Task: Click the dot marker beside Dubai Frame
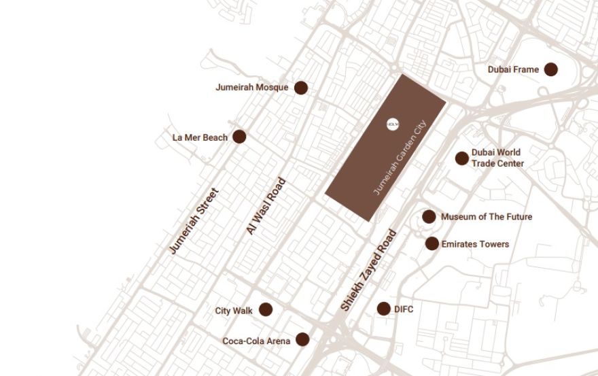click(551, 69)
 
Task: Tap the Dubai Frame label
click(513, 69)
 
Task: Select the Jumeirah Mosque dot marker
click(300, 88)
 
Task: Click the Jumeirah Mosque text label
click(252, 88)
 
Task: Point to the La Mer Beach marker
click(239, 137)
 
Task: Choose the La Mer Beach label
click(200, 137)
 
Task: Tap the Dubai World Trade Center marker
click(462, 158)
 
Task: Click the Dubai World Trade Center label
click(497, 158)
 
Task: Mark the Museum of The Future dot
click(429, 217)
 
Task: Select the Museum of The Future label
click(487, 217)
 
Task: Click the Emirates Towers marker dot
click(432, 243)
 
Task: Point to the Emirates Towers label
click(475, 244)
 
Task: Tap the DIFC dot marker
click(383, 309)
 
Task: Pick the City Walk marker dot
click(266, 310)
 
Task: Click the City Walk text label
click(234, 311)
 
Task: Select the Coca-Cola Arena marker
click(302, 339)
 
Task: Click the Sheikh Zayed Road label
click(368, 270)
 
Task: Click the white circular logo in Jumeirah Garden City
click(393, 124)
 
